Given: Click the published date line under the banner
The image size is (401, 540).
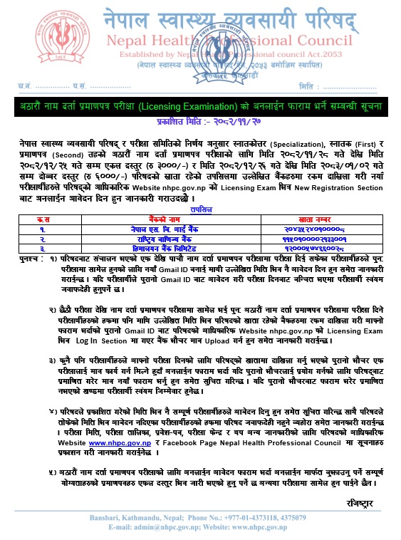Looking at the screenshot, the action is click(x=199, y=121).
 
